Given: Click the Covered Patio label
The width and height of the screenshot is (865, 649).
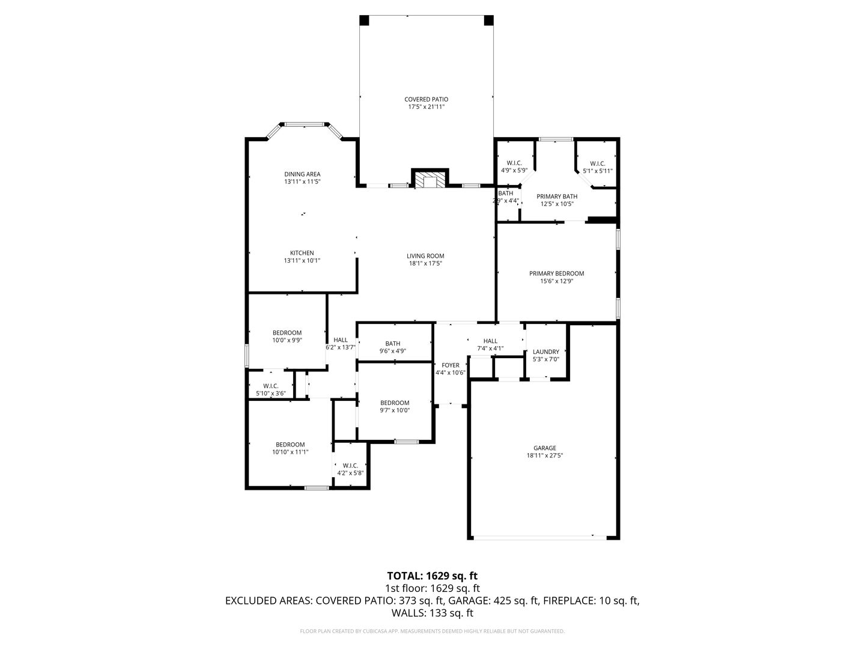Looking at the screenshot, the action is [x=426, y=99].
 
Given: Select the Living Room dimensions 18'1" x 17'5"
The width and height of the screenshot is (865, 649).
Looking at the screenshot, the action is [x=425, y=263].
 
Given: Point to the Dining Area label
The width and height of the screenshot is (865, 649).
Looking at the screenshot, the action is [x=302, y=174].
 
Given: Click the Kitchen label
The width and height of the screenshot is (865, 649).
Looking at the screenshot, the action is [x=302, y=253].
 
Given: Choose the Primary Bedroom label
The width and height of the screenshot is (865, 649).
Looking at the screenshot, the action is [x=556, y=273].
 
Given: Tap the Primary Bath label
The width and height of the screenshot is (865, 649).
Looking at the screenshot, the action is [x=557, y=197].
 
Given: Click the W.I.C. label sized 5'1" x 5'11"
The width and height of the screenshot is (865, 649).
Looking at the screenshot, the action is [x=598, y=163].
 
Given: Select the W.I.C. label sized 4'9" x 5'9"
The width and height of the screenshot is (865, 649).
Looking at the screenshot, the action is [x=514, y=163].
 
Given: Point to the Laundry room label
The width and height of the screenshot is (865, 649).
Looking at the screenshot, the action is [x=546, y=352].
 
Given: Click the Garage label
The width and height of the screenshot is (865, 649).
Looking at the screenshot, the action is [x=545, y=448].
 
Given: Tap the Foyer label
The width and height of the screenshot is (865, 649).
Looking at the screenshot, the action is [x=450, y=365].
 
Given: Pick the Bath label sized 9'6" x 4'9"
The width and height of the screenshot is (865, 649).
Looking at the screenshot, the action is [x=392, y=344].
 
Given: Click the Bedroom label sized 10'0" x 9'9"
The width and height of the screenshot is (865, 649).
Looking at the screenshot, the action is [x=287, y=333].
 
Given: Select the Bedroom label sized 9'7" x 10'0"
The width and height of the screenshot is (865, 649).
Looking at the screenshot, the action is [x=395, y=403].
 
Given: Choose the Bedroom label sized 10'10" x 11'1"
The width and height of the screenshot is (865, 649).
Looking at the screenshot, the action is [x=290, y=445].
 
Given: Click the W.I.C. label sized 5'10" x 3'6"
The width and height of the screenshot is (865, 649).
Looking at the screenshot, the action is [x=271, y=386].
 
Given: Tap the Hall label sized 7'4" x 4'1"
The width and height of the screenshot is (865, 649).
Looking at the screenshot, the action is [x=490, y=341].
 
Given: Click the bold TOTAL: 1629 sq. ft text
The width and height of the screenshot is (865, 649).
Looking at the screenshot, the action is [x=432, y=576].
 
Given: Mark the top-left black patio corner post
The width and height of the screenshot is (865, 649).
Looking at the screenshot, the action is [x=364, y=20].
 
